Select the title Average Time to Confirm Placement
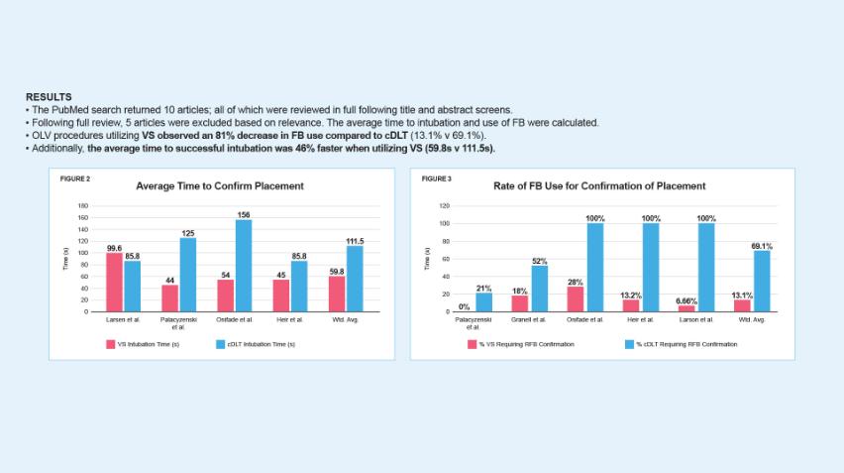pyautogui.click(x=219, y=185)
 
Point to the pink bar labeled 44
pyautogui.click(x=170, y=298)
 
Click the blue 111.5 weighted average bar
pyautogui.click(x=355, y=279)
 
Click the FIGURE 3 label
pyautogui.click(x=436, y=178)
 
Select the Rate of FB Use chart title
pyautogui.click(x=599, y=185)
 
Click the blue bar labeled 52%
pyautogui.click(x=540, y=289)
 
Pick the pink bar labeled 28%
pyautogui.click(x=576, y=299)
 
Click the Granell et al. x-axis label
pyautogui.click(x=530, y=319)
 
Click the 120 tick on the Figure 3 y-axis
pyautogui.click(x=445, y=206)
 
